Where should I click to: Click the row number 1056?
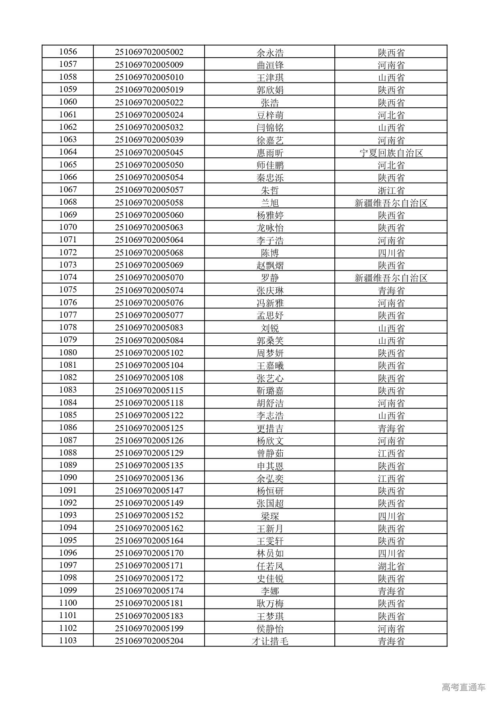[x=68, y=52]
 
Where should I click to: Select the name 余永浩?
[x=270, y=52]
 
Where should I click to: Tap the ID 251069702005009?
[x=149, y=65]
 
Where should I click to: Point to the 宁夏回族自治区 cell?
[x=391, y=153]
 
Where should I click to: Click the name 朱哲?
[x=270, y=190]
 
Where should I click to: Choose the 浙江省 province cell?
[x=391, y=190]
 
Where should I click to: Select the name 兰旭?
[x=270, y=203]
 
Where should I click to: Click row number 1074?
[x=68, y=278]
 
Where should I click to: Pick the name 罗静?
[x=270, y=278]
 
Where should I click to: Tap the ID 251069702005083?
[x=149, y=328]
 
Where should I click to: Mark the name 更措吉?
[x=270, y=428]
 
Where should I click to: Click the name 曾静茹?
[x=270, y=453]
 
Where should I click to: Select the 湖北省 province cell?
[x=391, y=566]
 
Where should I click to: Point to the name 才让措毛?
[x=270, y=641]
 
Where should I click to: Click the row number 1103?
[x=68, y=641]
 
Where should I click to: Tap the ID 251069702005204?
[x=149, y=641]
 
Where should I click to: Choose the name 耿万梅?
[x=270, y=603]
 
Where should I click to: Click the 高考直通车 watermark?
[x=463, y=687]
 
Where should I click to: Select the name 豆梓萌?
[x=270, y=115]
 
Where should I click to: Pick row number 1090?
[x=68, y=478]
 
